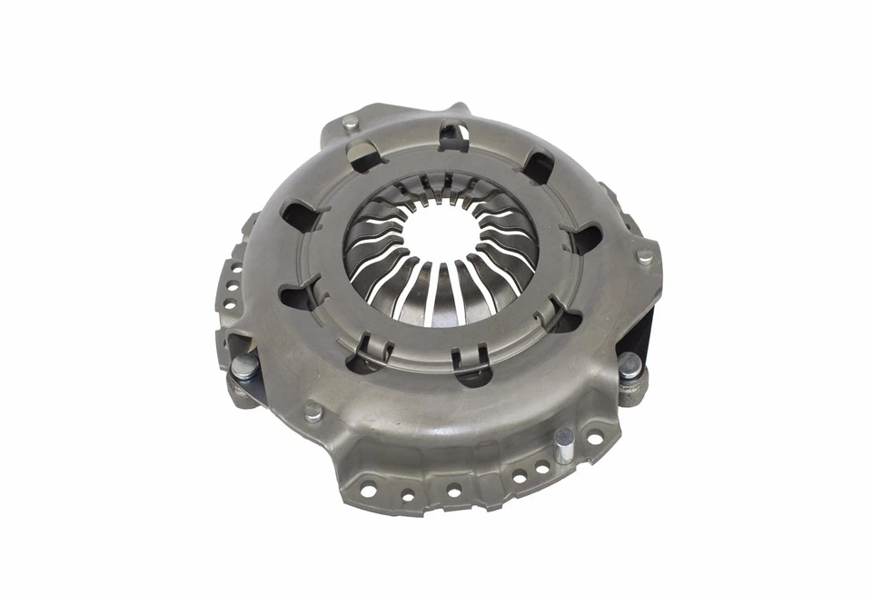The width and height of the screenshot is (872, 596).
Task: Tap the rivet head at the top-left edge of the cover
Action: pyautogui.click(x=351, y=122)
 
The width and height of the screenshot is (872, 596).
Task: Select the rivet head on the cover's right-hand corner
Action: pyautogui.click(x=645, y=256)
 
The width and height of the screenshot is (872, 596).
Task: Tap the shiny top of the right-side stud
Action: pyautogui.click(x=629, y=363)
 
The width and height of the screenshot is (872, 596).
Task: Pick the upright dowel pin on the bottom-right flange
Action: pyautogui.click(x=564, y=444)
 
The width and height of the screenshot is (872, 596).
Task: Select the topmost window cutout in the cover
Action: pyautogui.click(x=453, y=137)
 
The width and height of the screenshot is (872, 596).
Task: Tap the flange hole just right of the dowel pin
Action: pyautogui.click(x=593, y=440)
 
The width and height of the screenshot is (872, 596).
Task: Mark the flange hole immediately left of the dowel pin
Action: pyautogui.click(x=542, y=467)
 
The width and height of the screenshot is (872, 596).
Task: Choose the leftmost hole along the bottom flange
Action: pyautogui.click(x=368, y=491)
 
